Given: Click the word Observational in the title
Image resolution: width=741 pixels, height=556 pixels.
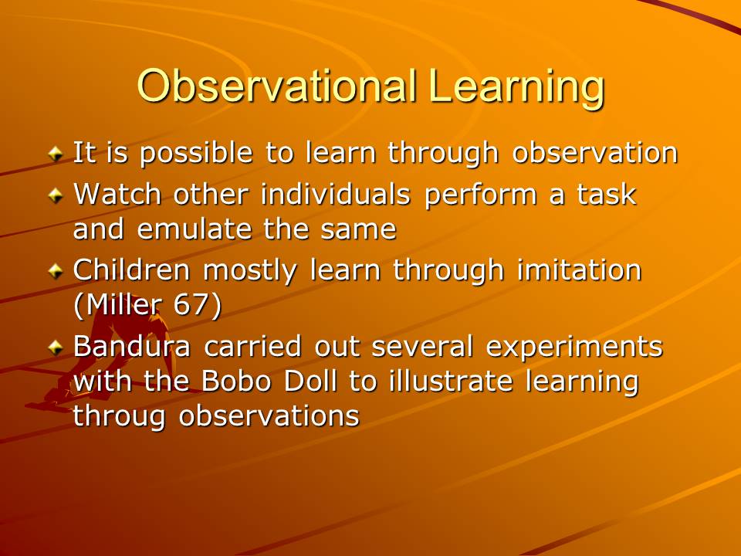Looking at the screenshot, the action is (277, 86).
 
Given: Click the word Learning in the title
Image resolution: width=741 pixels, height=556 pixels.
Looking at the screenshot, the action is (517, 88).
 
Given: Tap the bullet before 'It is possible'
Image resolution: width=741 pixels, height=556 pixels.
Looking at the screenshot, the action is (56, 153).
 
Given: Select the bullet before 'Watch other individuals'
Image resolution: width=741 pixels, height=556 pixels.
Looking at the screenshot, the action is (56, 195).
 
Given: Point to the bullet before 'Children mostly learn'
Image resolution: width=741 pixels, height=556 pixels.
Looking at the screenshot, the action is (56, 270).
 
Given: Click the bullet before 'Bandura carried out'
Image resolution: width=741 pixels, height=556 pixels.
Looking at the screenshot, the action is (56, 347).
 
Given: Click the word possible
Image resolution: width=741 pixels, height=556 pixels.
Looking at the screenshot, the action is (197, 154).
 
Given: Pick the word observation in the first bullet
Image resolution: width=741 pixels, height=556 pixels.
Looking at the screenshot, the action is (595, 152).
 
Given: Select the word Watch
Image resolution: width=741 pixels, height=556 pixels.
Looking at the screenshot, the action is (117, 194).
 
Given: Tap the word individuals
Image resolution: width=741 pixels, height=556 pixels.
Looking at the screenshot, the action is (336, 194).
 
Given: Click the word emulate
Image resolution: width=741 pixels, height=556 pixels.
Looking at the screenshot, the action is (195, 229).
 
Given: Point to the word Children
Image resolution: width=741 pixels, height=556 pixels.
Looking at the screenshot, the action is (132, 270).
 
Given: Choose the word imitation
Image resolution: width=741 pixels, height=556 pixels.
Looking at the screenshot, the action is (579, 270).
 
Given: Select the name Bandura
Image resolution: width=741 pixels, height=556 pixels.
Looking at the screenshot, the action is (132, 346).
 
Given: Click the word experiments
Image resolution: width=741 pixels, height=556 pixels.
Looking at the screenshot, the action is (574, 347).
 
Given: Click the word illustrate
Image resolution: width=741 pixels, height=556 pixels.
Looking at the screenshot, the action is (451, 381).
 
